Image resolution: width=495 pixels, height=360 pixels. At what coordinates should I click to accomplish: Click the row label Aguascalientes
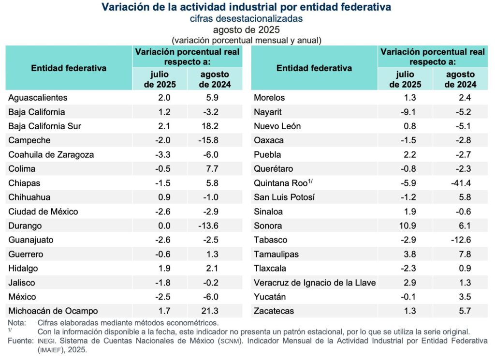(x=38, y=98)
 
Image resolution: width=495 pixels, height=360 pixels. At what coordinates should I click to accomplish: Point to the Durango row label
(x=25, y=225)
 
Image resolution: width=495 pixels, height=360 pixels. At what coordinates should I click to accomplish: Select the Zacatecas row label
(x=274, y=311)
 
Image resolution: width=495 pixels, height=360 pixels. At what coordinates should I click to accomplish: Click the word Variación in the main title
(x=123, y=7)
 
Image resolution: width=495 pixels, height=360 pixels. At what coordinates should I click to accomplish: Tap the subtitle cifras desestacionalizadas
(x=247, y=19)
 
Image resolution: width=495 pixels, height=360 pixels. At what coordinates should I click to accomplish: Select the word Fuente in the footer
(x=20, y=341)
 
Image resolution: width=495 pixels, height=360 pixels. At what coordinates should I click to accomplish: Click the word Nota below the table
(x=18, y=322)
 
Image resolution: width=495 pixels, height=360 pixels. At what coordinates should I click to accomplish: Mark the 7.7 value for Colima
(x=214, y=169)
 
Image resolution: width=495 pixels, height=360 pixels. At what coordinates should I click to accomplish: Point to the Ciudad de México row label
(x=43, y=211)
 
